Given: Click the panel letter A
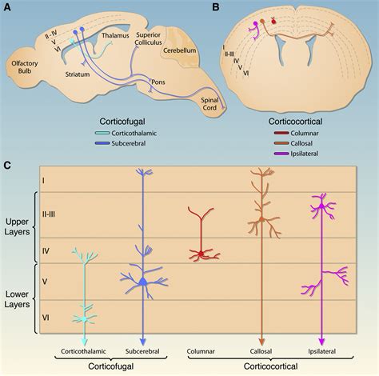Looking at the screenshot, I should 9,8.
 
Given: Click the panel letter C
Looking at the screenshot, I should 9,165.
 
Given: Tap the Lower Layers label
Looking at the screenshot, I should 16,296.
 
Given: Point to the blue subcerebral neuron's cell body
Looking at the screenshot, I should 142,282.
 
